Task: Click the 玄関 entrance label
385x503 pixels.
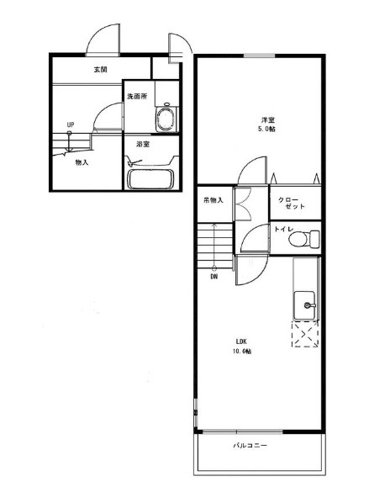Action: click(100, 69)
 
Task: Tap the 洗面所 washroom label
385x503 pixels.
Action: click(137, 96)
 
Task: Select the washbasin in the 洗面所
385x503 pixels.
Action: click(166, 118)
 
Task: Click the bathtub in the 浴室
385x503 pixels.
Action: click(150, 179)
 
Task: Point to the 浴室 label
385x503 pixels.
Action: click(143, 145)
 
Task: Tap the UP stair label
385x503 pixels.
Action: click(71, 124)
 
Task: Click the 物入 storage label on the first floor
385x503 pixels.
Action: click(82, 162)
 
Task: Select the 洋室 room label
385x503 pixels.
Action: click(267, 120)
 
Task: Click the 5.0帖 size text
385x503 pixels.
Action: click(267, 129)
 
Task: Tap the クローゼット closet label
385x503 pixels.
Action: click(291, 203)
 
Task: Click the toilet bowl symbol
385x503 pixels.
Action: click(304, 240)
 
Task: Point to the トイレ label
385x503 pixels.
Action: click(283, 229)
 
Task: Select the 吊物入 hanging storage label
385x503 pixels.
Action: click(214, 200)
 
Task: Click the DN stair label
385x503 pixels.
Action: click(214, 277)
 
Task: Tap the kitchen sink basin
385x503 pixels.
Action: click(305, 305)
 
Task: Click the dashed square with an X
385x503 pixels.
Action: click(305, 334)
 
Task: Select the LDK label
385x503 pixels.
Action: click(241, 341)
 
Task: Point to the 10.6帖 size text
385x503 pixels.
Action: click(242, 352)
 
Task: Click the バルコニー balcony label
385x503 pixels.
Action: click(250, 446)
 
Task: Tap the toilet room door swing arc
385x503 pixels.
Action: click(250, 230)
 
